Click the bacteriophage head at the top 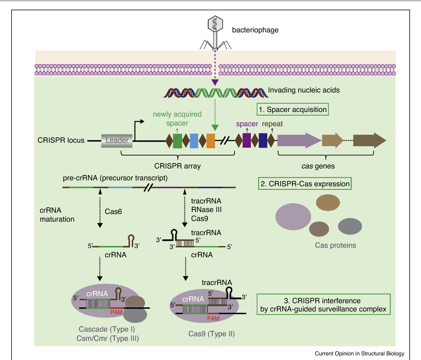click(215, 23)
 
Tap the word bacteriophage click(255, 30)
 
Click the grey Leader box click(117, 140)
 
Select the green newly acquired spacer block click(177, 141)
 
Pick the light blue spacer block click(194, 141)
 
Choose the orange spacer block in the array click(211, 141)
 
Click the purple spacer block click(247, 140)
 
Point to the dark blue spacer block click(263, 140)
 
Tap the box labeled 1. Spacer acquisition click(293, 110)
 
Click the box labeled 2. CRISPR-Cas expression click(305, 184)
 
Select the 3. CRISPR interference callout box click(324, 305)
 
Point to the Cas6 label click(113, 212)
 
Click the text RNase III click(207, 210)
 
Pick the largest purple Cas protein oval click(293, 217)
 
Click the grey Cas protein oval click(350, 226)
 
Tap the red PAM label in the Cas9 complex click(213, 319)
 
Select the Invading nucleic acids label click(304, 90)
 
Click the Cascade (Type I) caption click(107, 329)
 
